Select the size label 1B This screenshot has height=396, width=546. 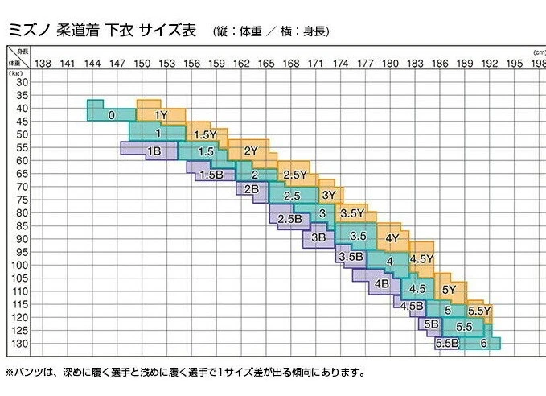154,151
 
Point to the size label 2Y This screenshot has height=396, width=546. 250,151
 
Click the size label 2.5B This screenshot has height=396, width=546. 289,219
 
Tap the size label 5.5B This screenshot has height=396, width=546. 446,344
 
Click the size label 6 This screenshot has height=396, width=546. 483,344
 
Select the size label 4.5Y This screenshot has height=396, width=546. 421,259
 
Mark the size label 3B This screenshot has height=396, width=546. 318,237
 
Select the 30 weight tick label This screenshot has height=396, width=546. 22,82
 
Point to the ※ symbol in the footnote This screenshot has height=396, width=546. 10,373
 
